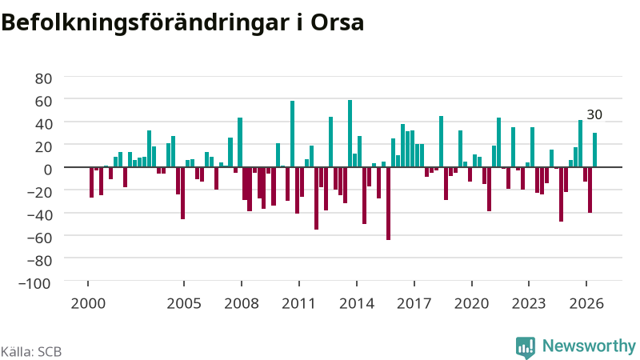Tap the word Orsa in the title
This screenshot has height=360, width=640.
[x=337, y=23]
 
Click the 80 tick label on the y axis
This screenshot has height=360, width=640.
[x=43, y=78]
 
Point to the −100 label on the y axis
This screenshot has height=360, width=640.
[x=35, y=283]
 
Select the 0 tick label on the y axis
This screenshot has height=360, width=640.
[x=48, y=169]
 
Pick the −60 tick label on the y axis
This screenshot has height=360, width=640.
[x=39, y=237]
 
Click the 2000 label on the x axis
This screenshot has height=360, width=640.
[x=88, y=304]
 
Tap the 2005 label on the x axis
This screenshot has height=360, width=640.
[x=184, y=304]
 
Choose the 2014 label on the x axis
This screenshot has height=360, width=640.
[x=357, y=304]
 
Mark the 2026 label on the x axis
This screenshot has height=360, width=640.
[x=586, y=304]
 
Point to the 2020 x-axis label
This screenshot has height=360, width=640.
[x=472, y=304]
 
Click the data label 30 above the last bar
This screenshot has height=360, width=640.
[x=594, y=114]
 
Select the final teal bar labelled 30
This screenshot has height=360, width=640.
[x=594, y=150]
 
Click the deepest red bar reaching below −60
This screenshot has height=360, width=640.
[x=388, y=203]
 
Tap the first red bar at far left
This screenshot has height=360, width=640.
[x=91, y=182]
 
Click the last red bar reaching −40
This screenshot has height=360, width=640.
[x=590, y=190]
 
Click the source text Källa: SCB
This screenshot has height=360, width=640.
[x=31, y=351]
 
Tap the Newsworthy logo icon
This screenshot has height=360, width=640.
[x=526, y=348]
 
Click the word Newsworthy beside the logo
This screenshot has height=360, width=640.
[x=589, y=346]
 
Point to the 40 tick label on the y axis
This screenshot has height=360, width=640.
[x=43, y=124]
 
